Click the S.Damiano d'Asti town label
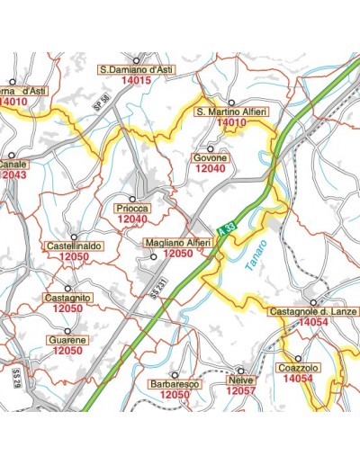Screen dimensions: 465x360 [x=135, y=68]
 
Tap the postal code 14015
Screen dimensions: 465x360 [x=135, y=80]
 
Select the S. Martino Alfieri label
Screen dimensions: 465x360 [x=232, y=112]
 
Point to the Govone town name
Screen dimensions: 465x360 [x=211, y=158]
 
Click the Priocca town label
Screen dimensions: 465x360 [x=132, y=209]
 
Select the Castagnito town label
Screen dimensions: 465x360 [x=68, y=298]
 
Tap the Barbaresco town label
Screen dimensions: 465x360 [x=174, y=384]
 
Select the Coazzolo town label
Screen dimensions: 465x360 [x=297, y=368]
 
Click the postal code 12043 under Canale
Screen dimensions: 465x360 [x=13, y=174]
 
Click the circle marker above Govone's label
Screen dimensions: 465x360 [x=211, y=148]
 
